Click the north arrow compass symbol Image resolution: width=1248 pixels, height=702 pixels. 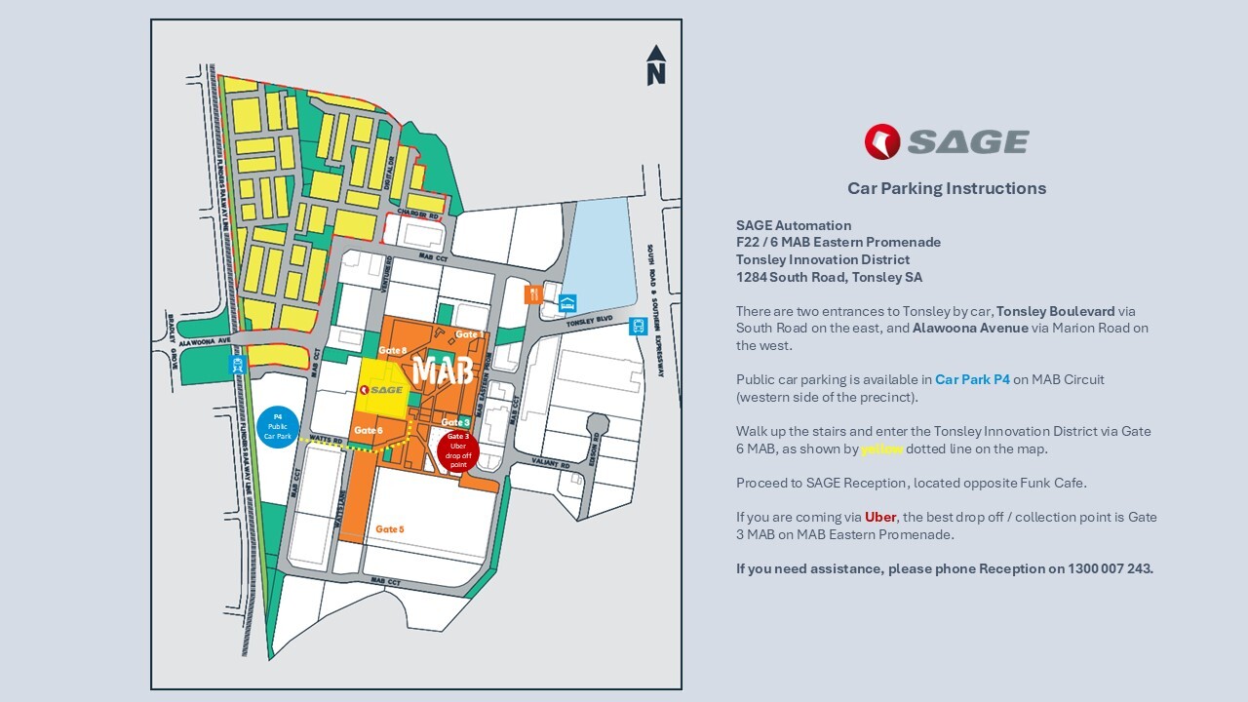656,65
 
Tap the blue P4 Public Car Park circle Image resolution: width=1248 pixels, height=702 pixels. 277,426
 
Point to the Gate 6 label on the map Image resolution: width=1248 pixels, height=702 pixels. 369,430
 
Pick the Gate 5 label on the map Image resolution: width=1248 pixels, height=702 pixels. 389,529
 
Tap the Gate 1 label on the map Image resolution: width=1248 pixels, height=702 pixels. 468,334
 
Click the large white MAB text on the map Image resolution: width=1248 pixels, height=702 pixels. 443,370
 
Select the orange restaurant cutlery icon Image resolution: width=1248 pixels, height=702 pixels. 532,293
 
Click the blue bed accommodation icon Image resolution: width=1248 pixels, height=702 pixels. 567,302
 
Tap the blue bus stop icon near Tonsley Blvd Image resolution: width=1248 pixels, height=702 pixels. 639,327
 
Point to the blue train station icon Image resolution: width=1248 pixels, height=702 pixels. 236,365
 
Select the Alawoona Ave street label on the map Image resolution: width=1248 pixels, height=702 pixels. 206,342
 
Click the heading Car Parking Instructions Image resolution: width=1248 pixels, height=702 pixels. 946,188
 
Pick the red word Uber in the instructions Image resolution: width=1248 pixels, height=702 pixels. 879,517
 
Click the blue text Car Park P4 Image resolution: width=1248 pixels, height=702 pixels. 972,379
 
